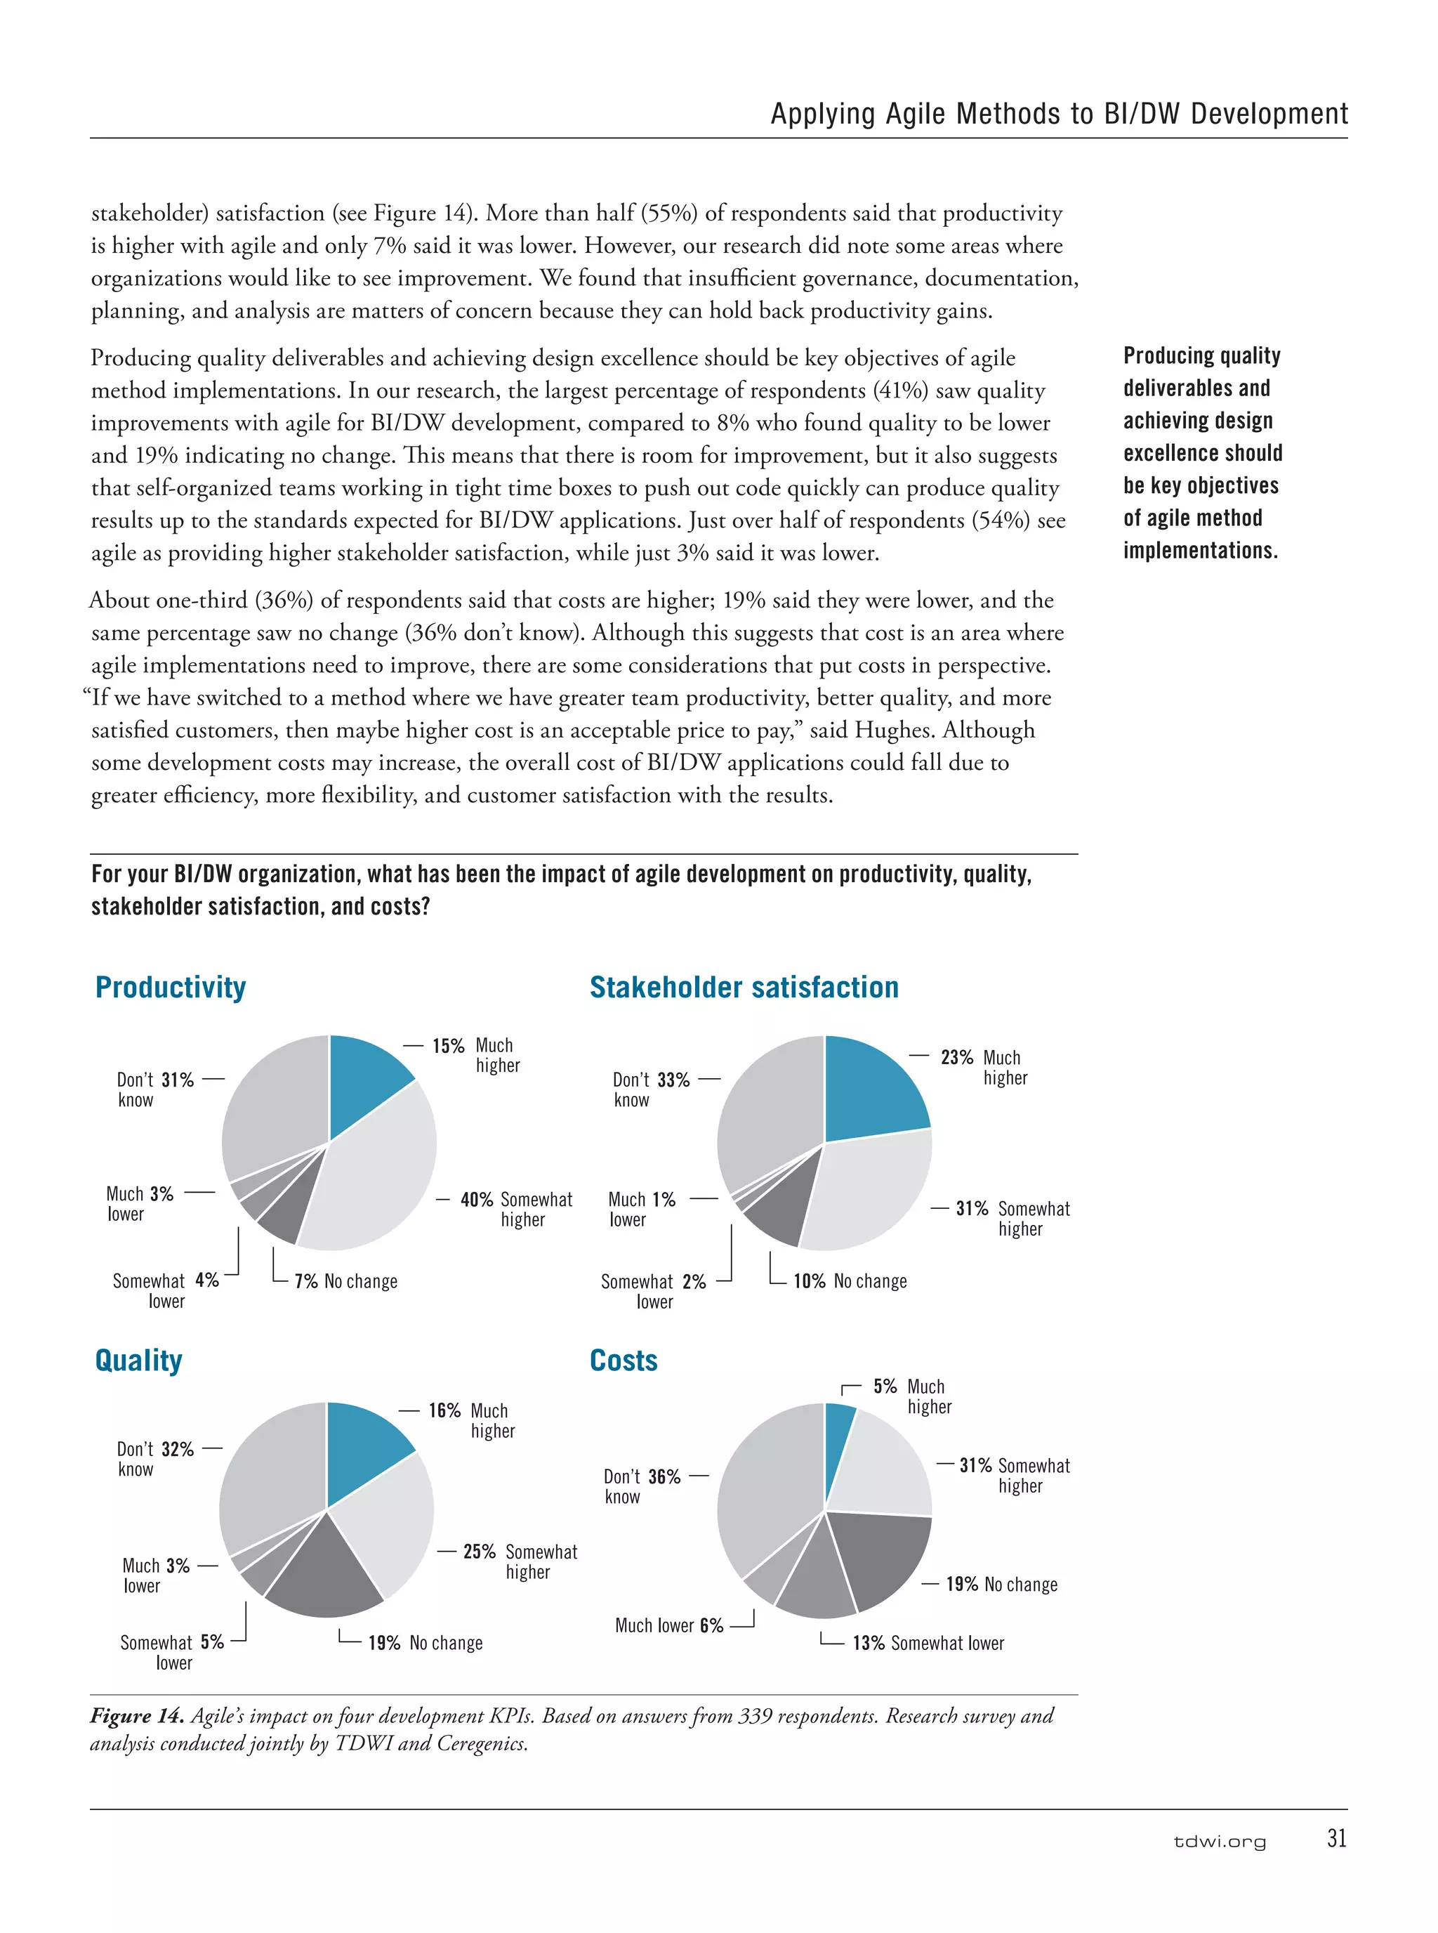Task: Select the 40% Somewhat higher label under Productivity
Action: (x=516, y=1209)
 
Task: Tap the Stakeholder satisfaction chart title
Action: (x=744, y=988)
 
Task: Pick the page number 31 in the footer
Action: (x=1336, y=1838)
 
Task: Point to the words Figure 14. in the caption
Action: (x=137, y=1716)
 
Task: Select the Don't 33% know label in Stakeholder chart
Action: (x=651, y=1089)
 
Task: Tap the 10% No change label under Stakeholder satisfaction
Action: (x=849, y=1281)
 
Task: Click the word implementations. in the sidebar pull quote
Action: (x=1199, y=550)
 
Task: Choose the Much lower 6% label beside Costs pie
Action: (x=668, y=1625)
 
